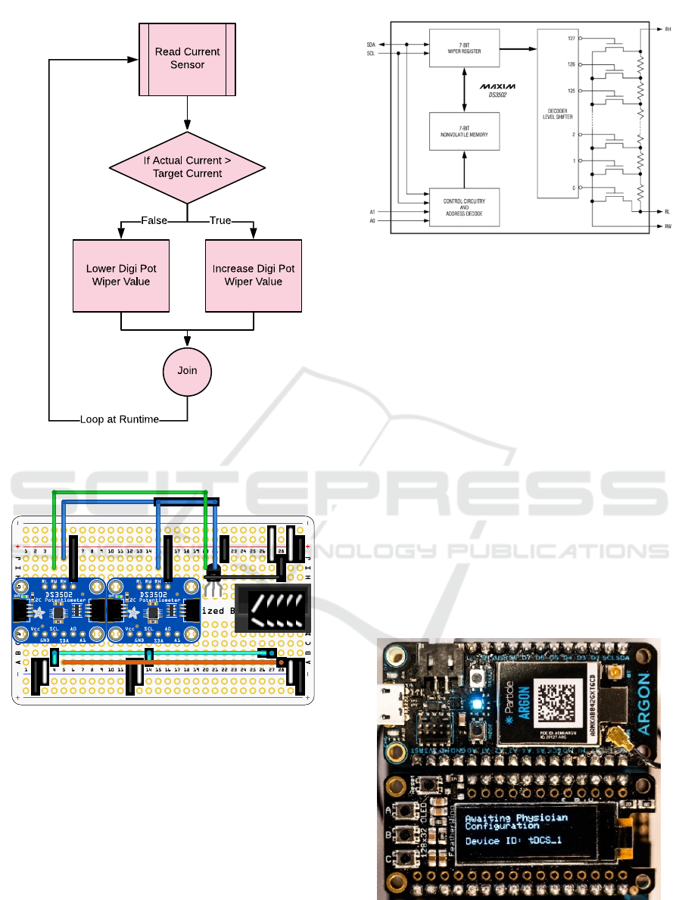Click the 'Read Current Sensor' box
coord(187,58)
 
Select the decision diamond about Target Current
coord(187,167)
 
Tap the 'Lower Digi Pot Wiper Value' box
coord(121,276)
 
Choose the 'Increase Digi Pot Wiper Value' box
coord(253,276)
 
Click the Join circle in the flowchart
coord(187,371)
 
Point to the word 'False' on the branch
coord(154,220)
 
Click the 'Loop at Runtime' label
coord(120,419)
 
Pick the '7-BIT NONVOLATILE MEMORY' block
coord(465,132)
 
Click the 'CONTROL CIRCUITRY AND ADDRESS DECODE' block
coord(465,207)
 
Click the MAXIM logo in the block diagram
coord(495,89)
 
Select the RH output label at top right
coord(668,30)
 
